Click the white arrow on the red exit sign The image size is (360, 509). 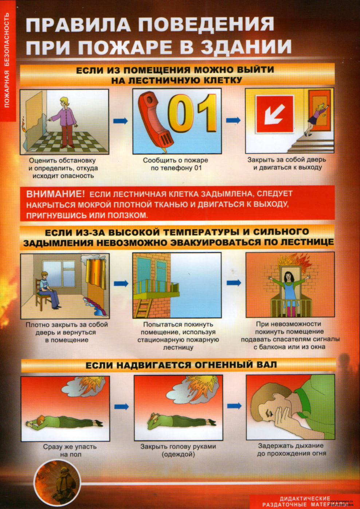coord(275,114)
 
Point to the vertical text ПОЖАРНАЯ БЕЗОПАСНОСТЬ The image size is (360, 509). coord(7,60)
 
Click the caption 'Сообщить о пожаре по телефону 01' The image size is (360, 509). coord(175,164)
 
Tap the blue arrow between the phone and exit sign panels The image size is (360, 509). coord(233,120)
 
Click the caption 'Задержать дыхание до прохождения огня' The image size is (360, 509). coord(291,450)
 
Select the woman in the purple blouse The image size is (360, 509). coord(66,120)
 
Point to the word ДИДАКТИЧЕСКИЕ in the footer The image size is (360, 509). coord(305,498)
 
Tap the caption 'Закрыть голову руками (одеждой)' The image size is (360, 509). coord(178,450)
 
